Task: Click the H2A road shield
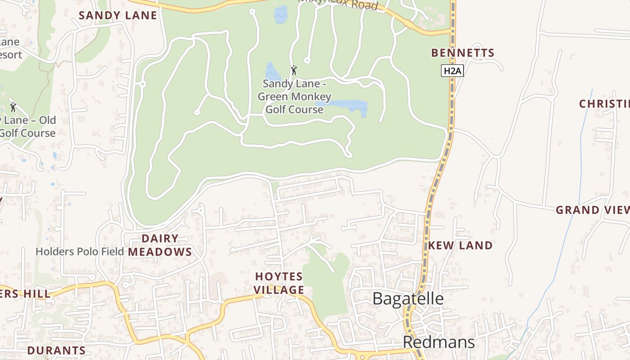pyautogui.click(x=452, y=71)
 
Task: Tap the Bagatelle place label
pyautogui.click(x=408, y=299)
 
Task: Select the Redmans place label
pyautogui.click(x=438, y=342)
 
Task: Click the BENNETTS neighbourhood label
pyautogui.click(x=463, y=53)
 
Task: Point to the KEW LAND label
pyautogui.click(x=460, y=245)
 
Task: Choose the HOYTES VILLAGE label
pyautogui.click(x=279, y=283)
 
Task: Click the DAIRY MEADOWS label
pyautogui.click(x=160, y=245)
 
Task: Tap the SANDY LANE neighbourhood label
pyautogui.click(x=118, y=15)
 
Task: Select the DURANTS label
pyautogui.click(x=56, y=350)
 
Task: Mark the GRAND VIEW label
pyautogui.click(x=592, y=210)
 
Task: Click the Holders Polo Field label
pyautogui.click(x=80, y=252)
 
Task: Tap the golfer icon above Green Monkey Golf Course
pyautogui.click(x=294, y=70)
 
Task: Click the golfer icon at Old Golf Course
pyautogui.click(x=13, y=107)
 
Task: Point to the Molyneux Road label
pyautogui.click(x=337, y=4)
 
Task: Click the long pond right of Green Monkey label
pyautogui.click(x=349, y=106)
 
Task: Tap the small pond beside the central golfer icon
pyautogui.click(x=273, y=72)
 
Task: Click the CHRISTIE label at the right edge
pyautogui.click(x=604, y=103)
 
